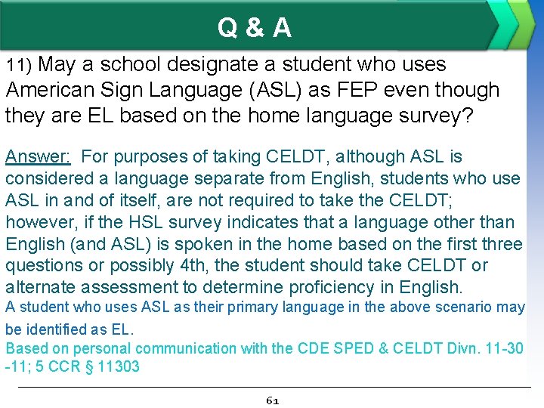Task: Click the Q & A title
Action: [x=255, y=28]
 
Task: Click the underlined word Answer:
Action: [x=38, y=157]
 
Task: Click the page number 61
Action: [x=273, y=400]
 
